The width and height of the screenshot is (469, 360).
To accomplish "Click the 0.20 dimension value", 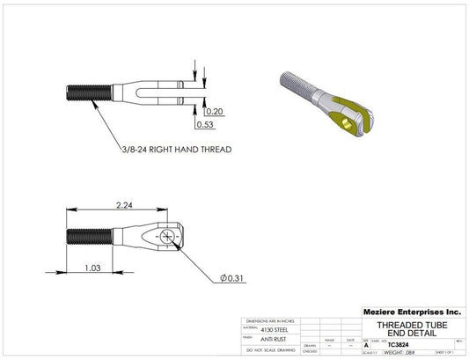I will pos(214,112).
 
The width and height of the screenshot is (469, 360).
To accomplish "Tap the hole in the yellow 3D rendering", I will pos(352,125).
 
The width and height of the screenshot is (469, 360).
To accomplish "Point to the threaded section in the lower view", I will pos(89,237).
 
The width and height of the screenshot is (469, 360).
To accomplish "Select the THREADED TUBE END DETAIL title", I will pos(412,328).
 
